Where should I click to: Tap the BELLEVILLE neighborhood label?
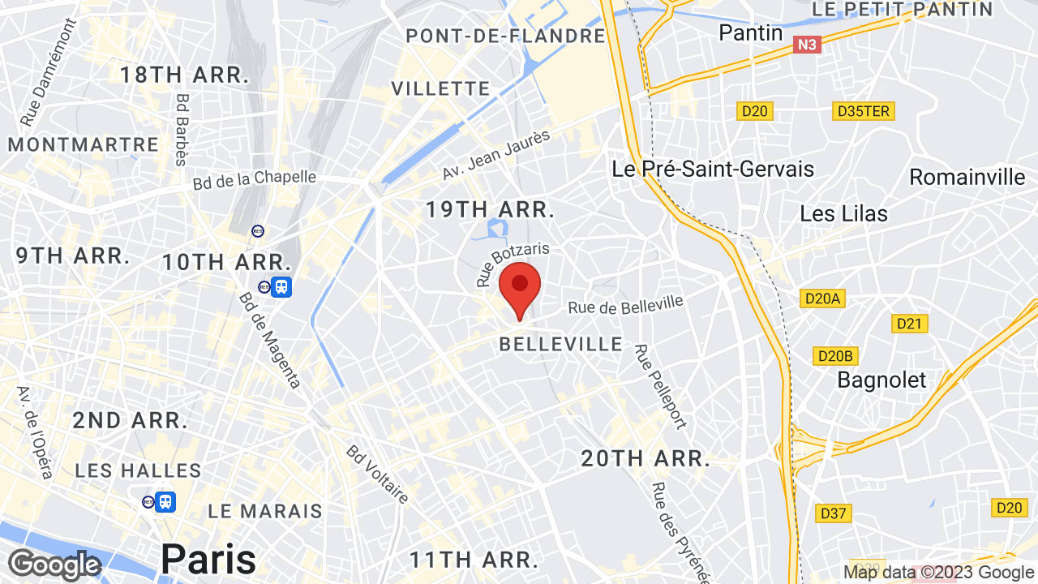[561, 344]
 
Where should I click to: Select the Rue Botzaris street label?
[513, 264]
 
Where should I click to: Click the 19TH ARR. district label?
[490, 209]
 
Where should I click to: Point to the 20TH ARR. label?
[646, 458]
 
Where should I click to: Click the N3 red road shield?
[807, 45]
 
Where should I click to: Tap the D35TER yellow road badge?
[863, 111]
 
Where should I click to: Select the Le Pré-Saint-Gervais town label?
[713, 169]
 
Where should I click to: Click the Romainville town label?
[967, 176]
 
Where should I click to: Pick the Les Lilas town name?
[843, 213]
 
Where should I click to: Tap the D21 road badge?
[909, 324]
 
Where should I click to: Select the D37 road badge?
[833, 513]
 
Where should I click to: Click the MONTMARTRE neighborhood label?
[84, 144]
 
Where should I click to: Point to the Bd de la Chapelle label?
[255, 179]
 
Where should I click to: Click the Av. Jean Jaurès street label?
[496, 155]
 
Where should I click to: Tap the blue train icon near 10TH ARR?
[281, 286]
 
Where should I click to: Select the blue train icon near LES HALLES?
[165, 502]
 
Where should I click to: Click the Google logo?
[54, 564]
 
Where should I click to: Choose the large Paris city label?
[208, 558]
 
